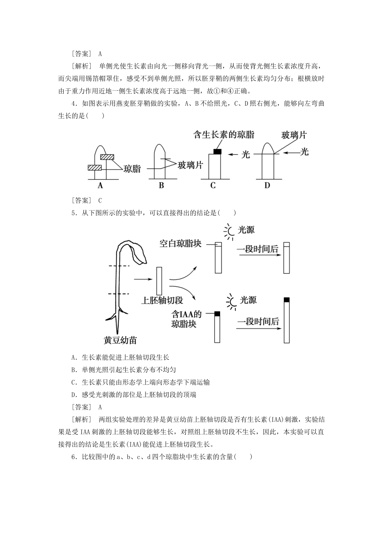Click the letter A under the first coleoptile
click(x=100, y=186)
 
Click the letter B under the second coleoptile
click(x=161, y=186)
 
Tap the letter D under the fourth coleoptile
click(x=267, y=186)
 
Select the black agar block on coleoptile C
click(x=217, y=151)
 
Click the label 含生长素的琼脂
click(x=224, y=134)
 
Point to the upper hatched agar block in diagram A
click(x=108, y=157)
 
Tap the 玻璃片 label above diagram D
click(x=293, y=135)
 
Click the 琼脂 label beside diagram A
click(x=132, y=169)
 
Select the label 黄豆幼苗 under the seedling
click(x=120, y=340)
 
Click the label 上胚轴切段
click(x=162, y=300)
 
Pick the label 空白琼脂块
click(x=180, y=244)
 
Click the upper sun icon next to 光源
click(x=229, y=231)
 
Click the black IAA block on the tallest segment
click(x=287, y=300)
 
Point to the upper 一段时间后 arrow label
click(x=258, y=249)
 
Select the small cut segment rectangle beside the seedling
click(x=159, y=281)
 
